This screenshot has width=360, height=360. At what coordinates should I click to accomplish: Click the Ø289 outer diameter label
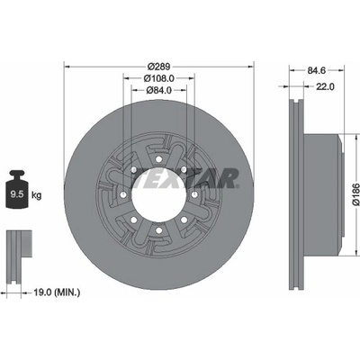(159, 67)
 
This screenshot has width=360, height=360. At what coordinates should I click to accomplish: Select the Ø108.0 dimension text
(159, 78)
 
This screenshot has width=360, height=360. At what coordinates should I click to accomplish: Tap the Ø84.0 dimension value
(159, 90)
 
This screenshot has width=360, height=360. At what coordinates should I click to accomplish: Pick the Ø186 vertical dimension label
(355, 193)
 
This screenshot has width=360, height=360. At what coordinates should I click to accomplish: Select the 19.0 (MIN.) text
(57, 292)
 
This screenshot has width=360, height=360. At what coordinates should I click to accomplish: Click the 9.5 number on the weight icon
(17, 194)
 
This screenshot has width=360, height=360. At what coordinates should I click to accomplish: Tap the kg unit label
(37, 196)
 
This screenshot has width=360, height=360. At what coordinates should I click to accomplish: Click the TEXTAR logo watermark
(185, 178)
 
